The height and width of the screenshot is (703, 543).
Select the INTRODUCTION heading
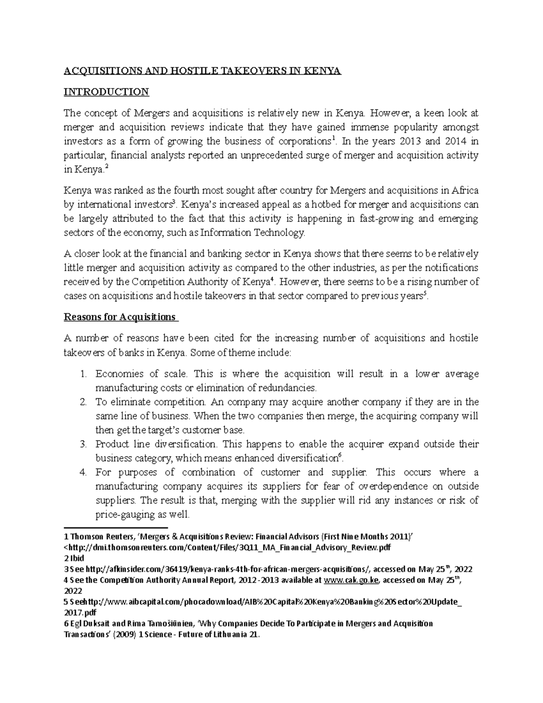click(x=106, y=92)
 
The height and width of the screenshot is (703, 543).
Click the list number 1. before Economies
click(x=83, y=374)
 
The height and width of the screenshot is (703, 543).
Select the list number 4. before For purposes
click(x=83, y=473)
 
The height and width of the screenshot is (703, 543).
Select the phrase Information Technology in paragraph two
click(x=252, y=233)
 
